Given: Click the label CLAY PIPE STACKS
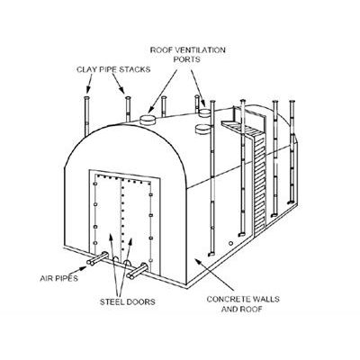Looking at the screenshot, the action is (x=113, y=69).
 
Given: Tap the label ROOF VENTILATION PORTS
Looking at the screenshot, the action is (x=188, y=54).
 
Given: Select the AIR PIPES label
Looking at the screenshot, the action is (x=58, y=278).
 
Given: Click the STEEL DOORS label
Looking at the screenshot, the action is (x=128, y=301).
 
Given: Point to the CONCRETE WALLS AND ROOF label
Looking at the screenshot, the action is (x=243, y=303).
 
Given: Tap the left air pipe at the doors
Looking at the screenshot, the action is (x=97, y=259).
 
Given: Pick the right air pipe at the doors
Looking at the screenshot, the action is (x=137, y=271).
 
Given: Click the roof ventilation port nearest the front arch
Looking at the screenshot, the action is (x=148, y=120).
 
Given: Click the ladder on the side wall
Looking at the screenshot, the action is (x=260, y=183).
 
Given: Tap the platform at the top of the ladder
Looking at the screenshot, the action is (x=237, y=126).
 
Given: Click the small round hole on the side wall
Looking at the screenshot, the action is (x=230, y=243).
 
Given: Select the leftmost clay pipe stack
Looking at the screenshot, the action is (x=86, y=116).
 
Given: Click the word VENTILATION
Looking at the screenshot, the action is (x=200, y=49).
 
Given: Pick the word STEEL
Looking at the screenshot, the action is (x=111, y=301).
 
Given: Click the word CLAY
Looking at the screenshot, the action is (x=85, y=69).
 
